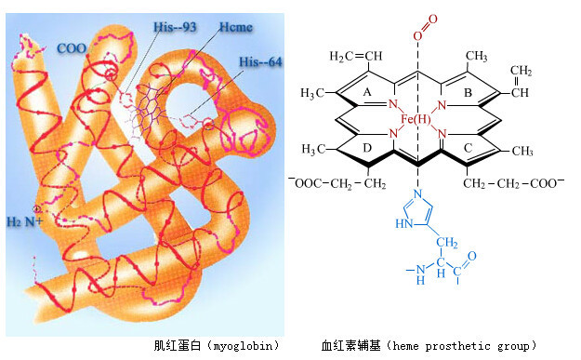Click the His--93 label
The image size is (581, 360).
[x=175, y=27]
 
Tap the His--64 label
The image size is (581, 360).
[x=260, y=61]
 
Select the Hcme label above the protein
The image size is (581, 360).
[x=236, y=27]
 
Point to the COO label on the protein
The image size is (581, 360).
[x=72, y=48]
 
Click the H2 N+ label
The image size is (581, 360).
[x=25, y=221]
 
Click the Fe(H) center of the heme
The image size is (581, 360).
[x=416, y=119]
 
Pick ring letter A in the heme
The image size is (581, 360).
[x=367, y=92]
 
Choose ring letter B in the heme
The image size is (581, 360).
[x=468, y=92]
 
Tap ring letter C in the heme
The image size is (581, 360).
[x=468, y=148]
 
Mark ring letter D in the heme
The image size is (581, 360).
[x=367, y=148]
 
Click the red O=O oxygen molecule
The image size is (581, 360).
[x=426, y=27]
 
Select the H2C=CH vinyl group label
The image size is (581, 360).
[x=356, y=57]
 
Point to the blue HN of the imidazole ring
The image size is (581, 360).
[x=403, y=223]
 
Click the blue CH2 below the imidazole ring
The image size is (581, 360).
[x=447, y=243]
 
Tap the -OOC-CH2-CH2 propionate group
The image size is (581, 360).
[x=337, y=183]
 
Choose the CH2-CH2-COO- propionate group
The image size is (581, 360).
[x=513, y=183]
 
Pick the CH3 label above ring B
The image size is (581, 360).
[x=477, y=57]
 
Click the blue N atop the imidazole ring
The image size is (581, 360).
[x=418, y=193]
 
